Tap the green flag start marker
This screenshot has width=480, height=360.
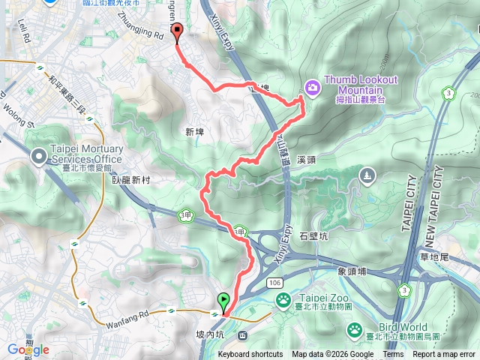point(223,301)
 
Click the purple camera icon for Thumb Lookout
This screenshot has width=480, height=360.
point(312,88)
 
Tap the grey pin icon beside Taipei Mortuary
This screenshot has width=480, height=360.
point(38,157)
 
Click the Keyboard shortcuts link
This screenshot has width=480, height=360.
point(250,355)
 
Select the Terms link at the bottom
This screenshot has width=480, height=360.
point(393,355)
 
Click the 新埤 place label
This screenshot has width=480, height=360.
point(194,132)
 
